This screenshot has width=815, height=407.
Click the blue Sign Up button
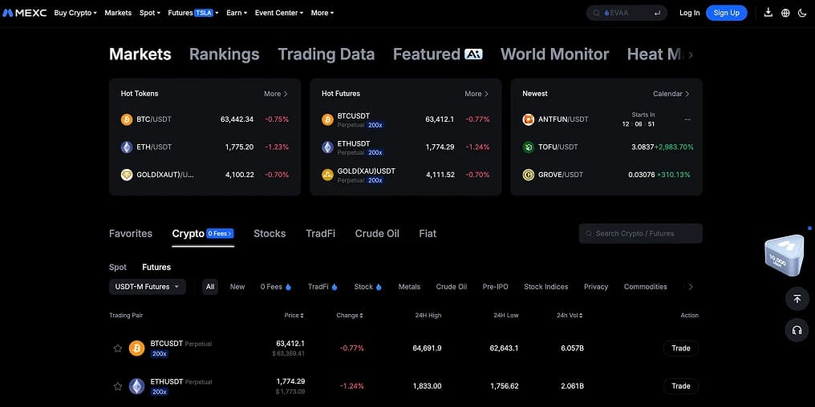tap(726, 13)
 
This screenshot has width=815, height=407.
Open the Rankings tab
tap(224, 54)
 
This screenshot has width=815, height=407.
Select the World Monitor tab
tap(554, 54)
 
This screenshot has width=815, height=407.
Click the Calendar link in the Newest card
tap(671, 94)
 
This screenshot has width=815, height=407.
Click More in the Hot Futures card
tap(476, 94)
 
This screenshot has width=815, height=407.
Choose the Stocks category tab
tap(270, 234)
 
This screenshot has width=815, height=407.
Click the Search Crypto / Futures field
tap(640, 234)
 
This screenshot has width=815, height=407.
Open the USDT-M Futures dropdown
tap(147, 287)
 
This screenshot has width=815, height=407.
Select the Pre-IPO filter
tap(496, 287)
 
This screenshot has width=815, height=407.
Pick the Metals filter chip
tap(409, 287)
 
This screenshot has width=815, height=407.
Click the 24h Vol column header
tap(570, 315)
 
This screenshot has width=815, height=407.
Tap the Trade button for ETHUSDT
tap(680, 385)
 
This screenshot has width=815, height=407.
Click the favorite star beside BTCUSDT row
tap(118, 349)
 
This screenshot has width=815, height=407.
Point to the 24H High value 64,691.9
tap(428, 349)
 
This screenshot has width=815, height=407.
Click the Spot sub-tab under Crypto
tap(118, 268)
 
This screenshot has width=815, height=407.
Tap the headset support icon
tap(797, 330)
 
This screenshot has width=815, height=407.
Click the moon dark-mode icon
tap(802, 13)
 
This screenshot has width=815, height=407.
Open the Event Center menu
tap(278, 13)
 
